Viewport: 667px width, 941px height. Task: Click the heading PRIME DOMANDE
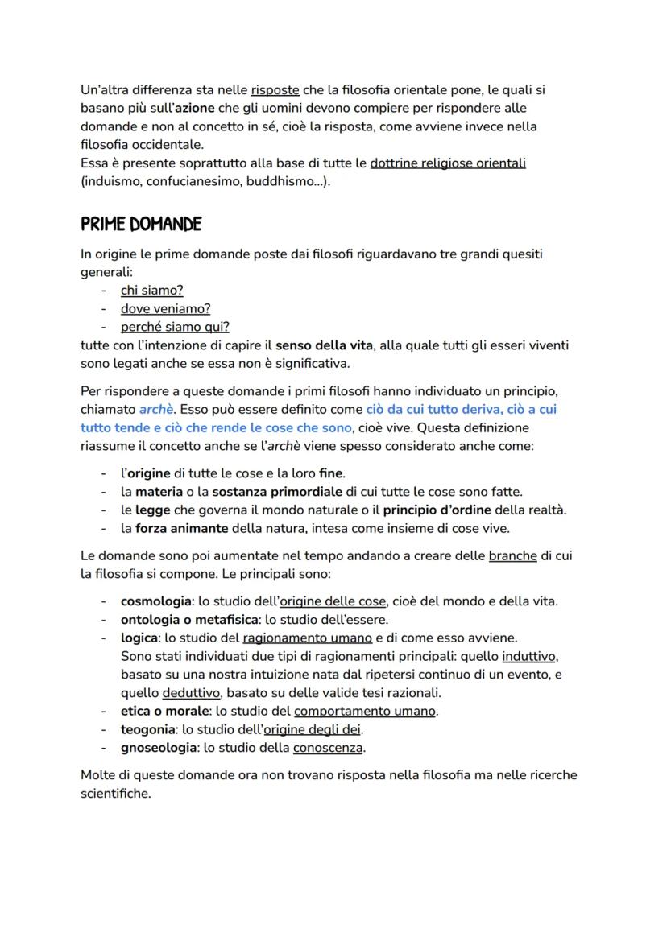[x=141, y=223]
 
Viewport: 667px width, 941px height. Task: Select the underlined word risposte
[x=275, y=90]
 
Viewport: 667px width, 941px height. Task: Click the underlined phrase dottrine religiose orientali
[x=448, y=163]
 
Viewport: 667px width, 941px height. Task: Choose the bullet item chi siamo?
[x=151, y=291]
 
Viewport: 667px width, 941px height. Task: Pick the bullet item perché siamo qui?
[x=175, y=327]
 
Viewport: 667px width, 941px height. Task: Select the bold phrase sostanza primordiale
[x=278, y=492]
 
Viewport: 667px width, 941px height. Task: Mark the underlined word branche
[x=512, y=556]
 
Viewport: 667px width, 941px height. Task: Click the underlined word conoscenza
[x=328, y=748]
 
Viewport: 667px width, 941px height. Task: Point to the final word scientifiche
[x=115, y=793]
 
